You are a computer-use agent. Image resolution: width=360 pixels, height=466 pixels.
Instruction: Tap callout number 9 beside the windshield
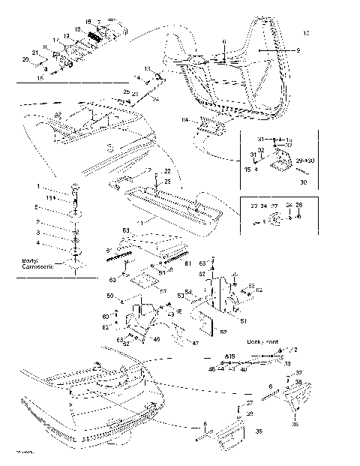298,49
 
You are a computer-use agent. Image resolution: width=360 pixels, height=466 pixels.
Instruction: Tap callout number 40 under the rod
244,369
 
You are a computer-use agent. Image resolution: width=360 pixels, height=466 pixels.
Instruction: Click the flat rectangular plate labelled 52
203,323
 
